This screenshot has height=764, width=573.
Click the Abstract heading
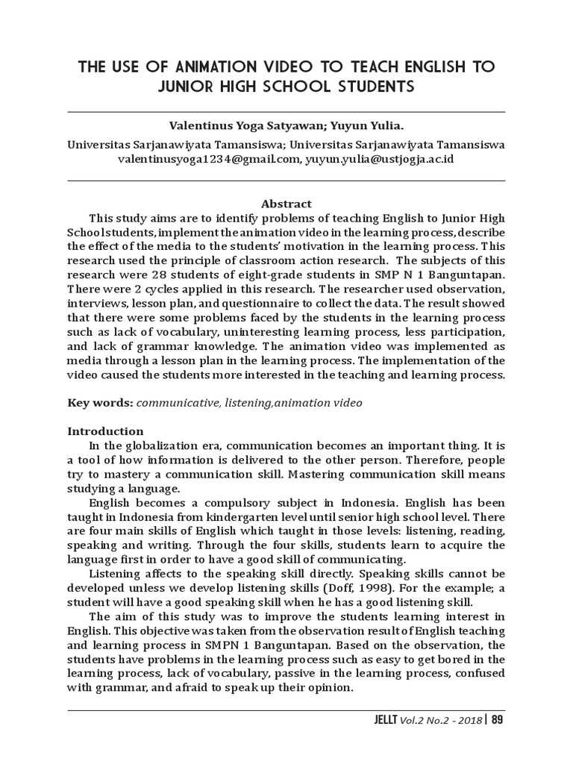point(286,203)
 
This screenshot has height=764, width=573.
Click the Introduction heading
point(105,430)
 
